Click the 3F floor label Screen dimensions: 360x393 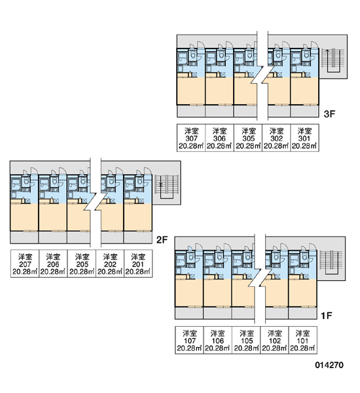click(329, 114)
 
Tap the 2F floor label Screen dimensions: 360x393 click(162, 240)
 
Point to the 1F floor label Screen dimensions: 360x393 click(327, 316)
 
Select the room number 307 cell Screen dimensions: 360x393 click(191, 138)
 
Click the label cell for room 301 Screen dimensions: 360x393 click(304, 138)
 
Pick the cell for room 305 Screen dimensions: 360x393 click(248, 138)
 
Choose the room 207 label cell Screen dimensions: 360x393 click(25, 263)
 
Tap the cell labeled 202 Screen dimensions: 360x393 click(110, 263)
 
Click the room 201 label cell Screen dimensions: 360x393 click(138, 263)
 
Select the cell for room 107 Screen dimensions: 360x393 click(189, 340)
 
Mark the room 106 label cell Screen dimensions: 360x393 click(218, 340)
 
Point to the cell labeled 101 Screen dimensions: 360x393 click(303, 340)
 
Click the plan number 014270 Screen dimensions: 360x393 click(329, 365)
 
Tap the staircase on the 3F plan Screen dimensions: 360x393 click(333, 60)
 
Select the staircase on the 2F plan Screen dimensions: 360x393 click(166, 187)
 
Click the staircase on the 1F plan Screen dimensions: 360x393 click(331, 262)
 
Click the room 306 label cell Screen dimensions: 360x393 click(220, 138)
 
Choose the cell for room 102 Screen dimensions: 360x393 click(274, 340)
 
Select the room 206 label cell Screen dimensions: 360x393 click(53, 263)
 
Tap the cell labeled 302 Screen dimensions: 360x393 click(276, 138)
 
